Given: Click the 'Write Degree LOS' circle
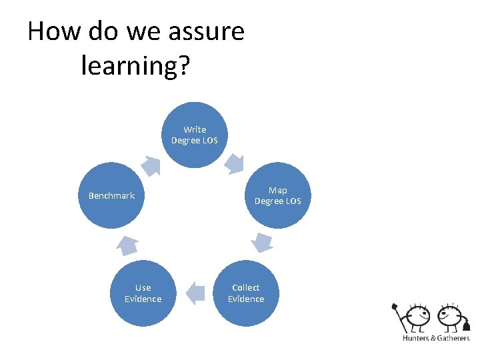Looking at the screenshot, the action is pyautogui.click(x=195, y=135).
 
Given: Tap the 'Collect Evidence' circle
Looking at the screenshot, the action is pyautogui.click(x=246, y=293).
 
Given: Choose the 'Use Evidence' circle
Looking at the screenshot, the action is pyautogui.click(x=143, y=293).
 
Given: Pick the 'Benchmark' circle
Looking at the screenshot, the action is pyautogui.click(x=111, y=196).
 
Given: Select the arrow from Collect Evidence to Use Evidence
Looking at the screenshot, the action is pyautogui.click(x=195, y=292).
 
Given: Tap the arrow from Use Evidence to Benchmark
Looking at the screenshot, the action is pyautogui.click(x=127, y=245).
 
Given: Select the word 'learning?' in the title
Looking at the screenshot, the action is pyautogui.click(x=135, y=65).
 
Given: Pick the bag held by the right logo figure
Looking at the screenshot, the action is pyautogui.click(x=467, y=325).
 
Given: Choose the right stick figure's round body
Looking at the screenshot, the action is pyautogui.click(x=449, y=317).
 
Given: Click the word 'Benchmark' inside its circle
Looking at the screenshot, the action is pyautogui.click(x=111, y=196).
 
